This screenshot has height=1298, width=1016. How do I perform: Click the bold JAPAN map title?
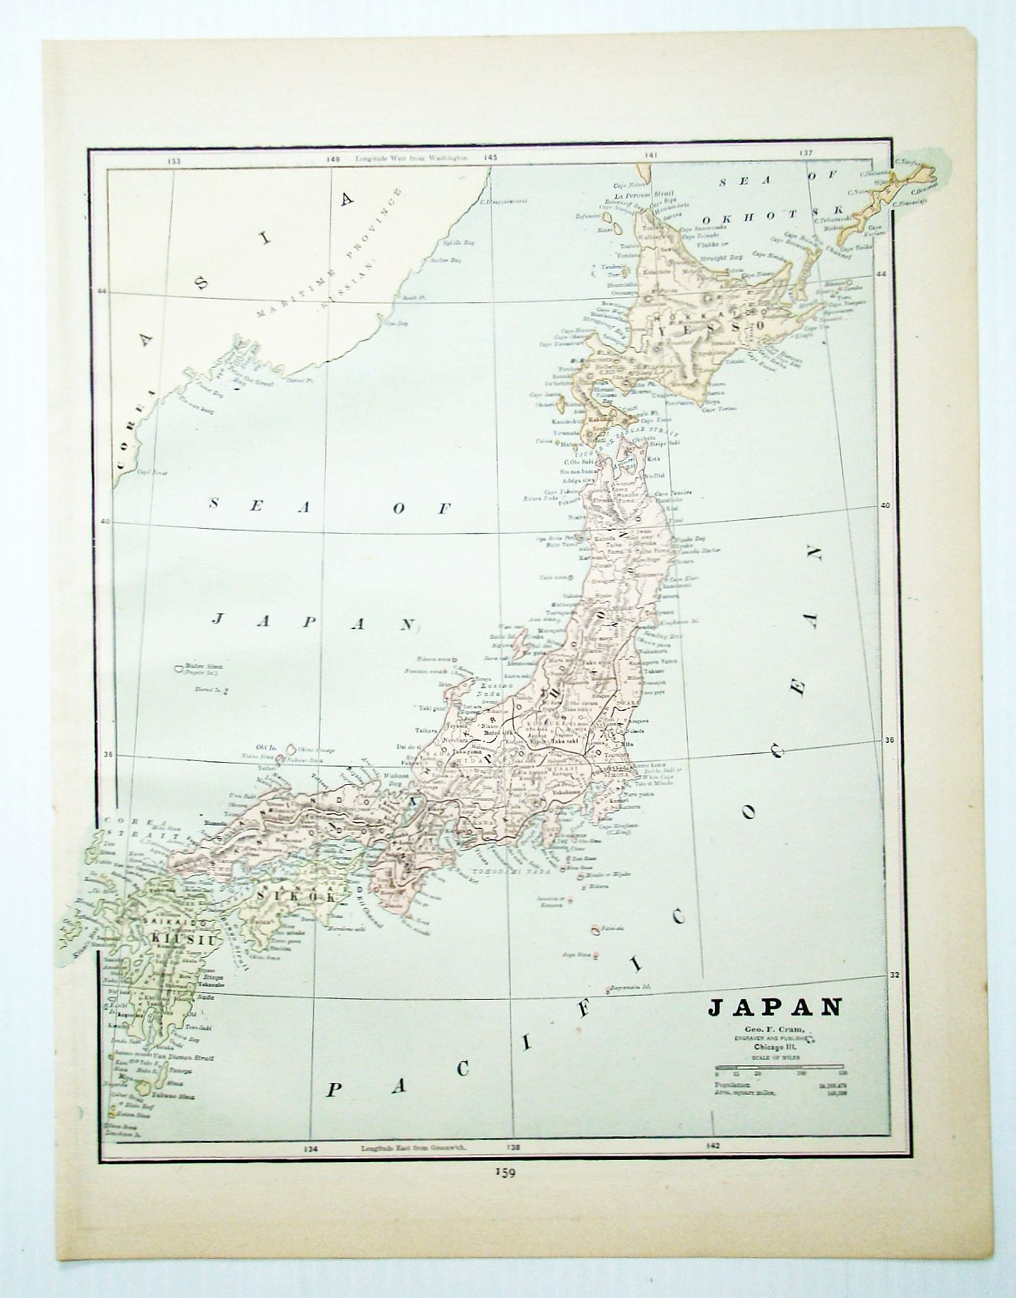(x=774, y=1009)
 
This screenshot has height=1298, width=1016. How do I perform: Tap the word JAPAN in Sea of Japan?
(x=313, y=623)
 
